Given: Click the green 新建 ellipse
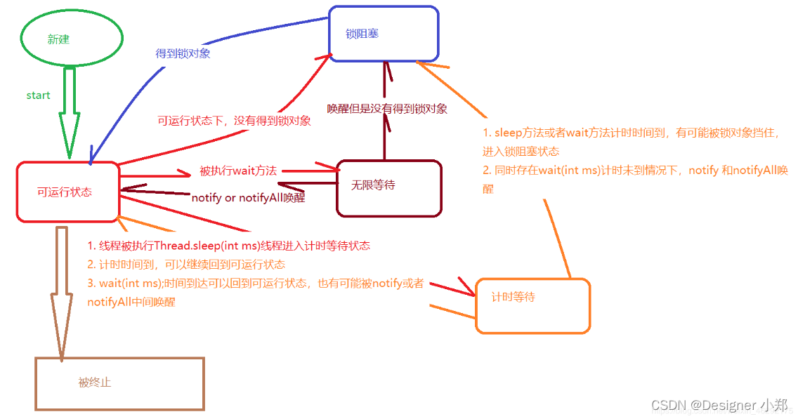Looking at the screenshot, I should coord(72,39).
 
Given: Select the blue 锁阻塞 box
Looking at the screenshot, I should coord(384,34).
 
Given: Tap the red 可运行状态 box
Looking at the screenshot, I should coord(67,192).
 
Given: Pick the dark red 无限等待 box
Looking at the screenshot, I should coord(388,186).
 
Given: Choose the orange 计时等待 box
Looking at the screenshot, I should coord(532,305).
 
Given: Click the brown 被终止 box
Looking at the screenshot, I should coord(119,383).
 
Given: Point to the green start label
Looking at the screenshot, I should coord(38,95).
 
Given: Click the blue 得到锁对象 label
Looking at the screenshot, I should coord(183,53).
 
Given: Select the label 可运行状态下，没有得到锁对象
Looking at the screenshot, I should coord(234,121).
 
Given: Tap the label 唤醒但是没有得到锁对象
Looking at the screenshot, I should coord(387,109).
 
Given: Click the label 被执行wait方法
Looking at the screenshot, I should coord(238,171).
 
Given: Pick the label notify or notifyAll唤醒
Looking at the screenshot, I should coord(248,198).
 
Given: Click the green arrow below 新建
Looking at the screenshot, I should coord(70,112).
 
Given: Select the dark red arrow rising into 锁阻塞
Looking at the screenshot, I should coord(385,112).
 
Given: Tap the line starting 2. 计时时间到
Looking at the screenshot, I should coord(187,265).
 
